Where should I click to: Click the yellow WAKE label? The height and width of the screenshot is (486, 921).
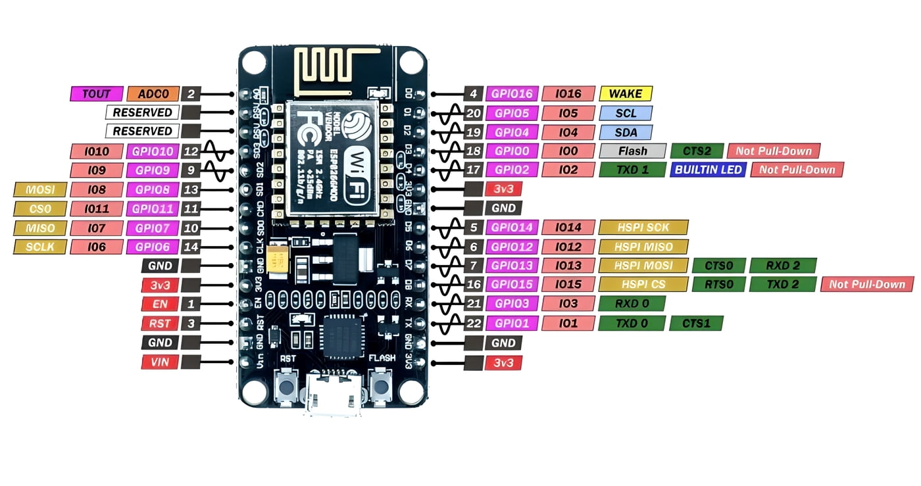626,93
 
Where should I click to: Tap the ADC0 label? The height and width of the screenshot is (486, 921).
153,93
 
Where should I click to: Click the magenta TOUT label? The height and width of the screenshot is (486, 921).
96,93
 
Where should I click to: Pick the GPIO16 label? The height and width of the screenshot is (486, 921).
512,93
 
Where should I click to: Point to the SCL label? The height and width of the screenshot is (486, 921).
626,113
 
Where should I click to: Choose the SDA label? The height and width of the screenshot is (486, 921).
626,132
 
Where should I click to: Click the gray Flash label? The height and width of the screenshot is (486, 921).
632,151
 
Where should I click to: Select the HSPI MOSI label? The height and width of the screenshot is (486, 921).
643,266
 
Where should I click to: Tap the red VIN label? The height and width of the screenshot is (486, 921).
160,362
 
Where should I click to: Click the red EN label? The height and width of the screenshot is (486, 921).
160,304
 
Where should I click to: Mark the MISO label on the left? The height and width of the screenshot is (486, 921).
40,228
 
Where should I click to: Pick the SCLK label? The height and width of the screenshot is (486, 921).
40,247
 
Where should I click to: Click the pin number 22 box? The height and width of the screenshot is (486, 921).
474,324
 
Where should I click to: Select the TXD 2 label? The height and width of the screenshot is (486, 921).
782,285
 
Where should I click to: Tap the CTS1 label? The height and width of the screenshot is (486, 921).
696,324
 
